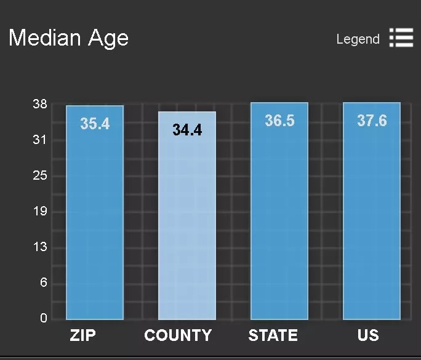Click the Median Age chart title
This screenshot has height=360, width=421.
[x=69, y=38]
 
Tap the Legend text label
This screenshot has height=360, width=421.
[x=358, y=39]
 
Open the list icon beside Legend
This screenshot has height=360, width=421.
[x=401, y=38]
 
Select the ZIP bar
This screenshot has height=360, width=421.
[x=95, y=222]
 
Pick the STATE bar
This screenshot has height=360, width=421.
[x=279, y=222]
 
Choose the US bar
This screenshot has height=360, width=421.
[x=372, y=222]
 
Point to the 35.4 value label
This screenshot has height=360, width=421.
[x=95, y=124]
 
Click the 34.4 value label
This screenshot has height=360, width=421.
[x=187, y=130]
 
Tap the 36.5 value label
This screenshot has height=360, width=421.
[x=279, y=121]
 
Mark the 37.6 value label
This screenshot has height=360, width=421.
[x=372, y=121]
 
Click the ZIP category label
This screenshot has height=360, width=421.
[x=83, y=335]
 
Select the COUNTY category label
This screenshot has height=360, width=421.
[x=178, y=335]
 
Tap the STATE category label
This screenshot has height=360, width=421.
[x=273, y=335]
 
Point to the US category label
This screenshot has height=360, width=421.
[x=368, y=335]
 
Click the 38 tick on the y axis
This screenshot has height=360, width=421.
[x=40, y=104]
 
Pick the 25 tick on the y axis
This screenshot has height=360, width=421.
[x=40, y=175]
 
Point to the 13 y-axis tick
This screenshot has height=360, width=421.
[x=40, y=247]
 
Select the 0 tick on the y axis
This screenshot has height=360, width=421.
[x=44, y=318]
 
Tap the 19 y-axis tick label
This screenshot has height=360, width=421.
[x=40, y=212]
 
